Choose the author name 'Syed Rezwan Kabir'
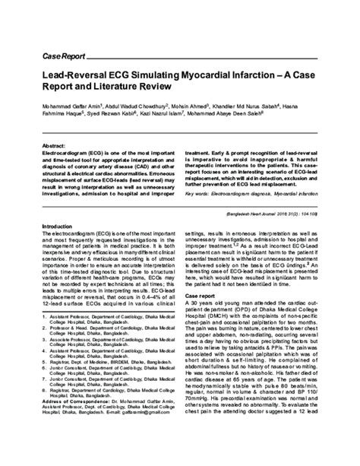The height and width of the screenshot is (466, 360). coord(116,121)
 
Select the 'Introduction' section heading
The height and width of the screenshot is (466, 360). coord(63,227)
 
